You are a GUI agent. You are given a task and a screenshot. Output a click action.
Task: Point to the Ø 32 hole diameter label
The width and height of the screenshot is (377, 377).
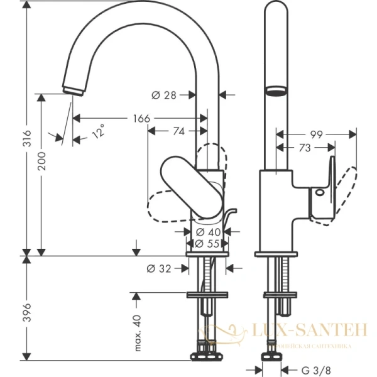coord(160,268)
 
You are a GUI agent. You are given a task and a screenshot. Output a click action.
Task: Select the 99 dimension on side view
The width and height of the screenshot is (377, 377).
coord(316,134)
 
